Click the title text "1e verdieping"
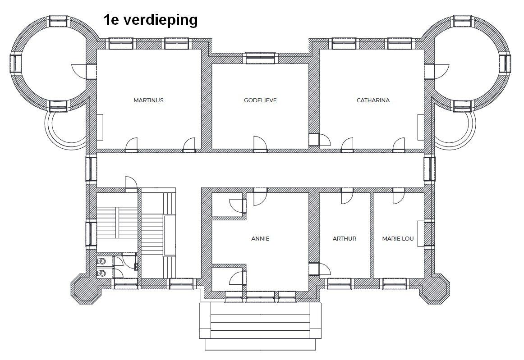click(150, 20)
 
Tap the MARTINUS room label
click(148, 100)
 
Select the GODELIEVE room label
click(260, 100)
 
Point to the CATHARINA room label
click(373, 100)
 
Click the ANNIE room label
click(260, 239)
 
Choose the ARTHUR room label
click(345, 239)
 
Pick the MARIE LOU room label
click(398, 239)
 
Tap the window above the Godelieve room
click(260, 58)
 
